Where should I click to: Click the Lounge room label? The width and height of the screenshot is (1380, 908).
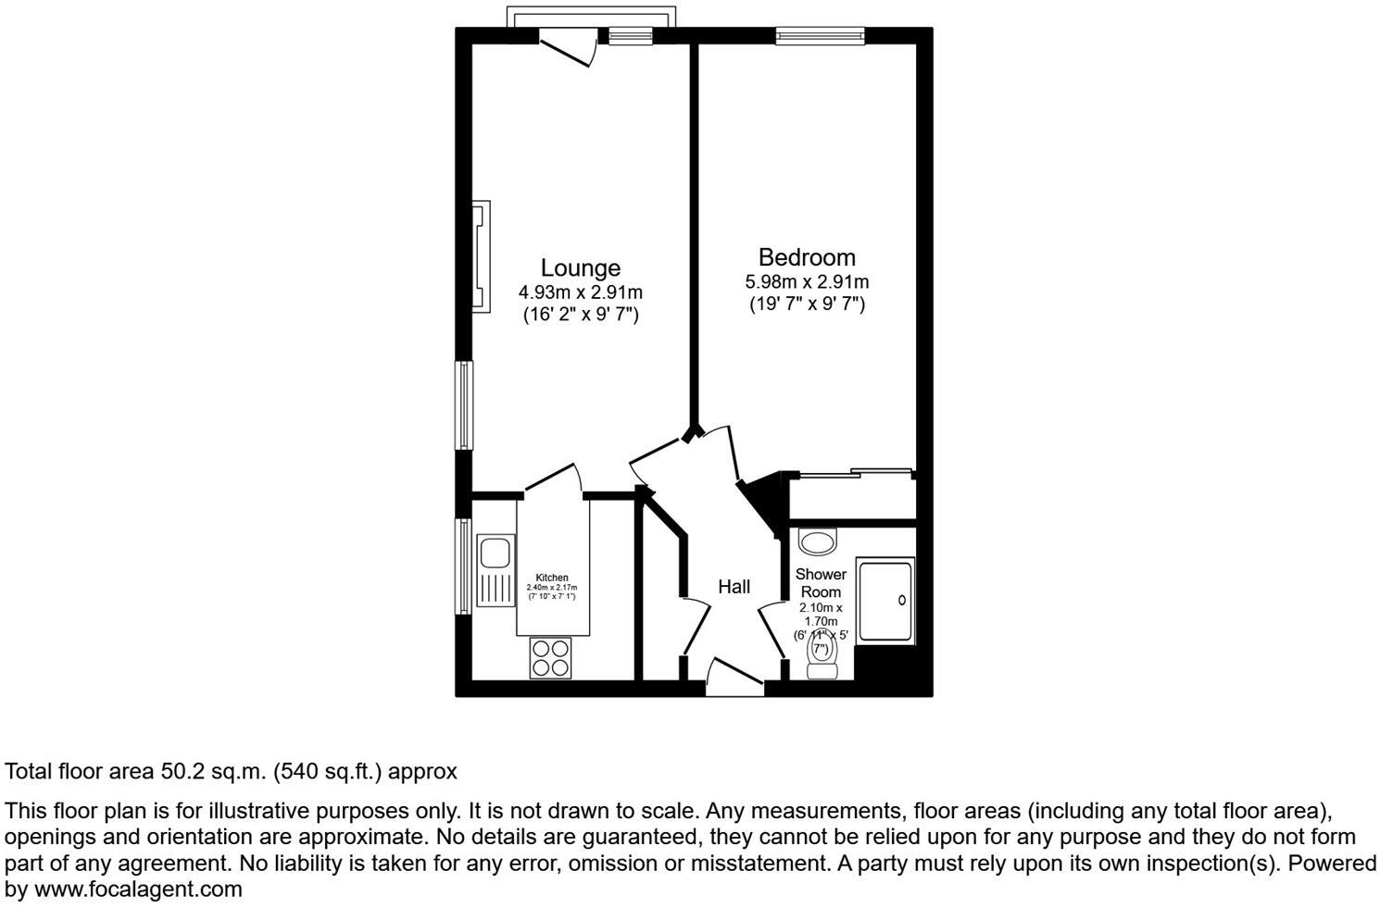pyautogui.click(x=581, y=268)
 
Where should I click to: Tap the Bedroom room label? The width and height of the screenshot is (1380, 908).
pyautogui.click(x=807, y=257)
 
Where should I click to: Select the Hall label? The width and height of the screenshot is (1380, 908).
pyautogui.click(x=734, y=587)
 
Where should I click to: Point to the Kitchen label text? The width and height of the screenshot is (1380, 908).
pyautogui.click(x=552, y=578)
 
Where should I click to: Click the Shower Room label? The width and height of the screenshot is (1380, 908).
pyautogui.click(x=821, y=583)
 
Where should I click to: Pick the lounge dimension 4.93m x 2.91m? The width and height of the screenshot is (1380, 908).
pyautogui.click(x=581, y=292)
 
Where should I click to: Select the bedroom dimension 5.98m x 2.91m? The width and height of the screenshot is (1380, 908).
pyautogui.click(x=807, y=281)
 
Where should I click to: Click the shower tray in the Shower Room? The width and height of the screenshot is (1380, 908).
pyautogui.click(x=885, y=601)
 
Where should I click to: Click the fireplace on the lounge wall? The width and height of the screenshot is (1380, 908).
pyautogui.click(x=482, y=256)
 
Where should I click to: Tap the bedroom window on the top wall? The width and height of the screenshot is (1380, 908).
pyautogui.click(x=821, y=36)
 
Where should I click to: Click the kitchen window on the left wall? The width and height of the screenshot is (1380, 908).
pyautogui.click(x=463, y=566)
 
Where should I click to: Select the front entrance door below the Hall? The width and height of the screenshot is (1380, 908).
pyautogui.click(x=734, y=678)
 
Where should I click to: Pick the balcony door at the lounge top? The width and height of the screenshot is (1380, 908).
pyautogui.click(x=567, y=44)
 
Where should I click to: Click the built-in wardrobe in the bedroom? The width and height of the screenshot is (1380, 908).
pyautogui.click(x=852, y=497)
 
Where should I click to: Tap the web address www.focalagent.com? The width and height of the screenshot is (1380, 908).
pyautogui.click(x=138, y=890)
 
